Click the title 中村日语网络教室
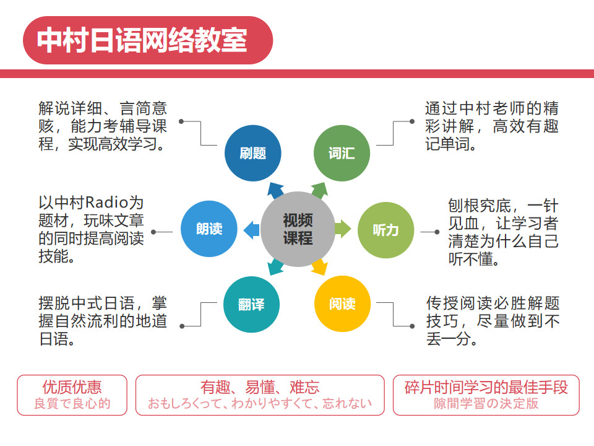(142, 40)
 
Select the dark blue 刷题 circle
(252, 153)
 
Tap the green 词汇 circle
(342, 153)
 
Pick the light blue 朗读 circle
(209, 229)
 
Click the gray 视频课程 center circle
(298, 229)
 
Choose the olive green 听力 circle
(385, 230)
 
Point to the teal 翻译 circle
(251, 305)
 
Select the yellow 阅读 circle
(342, 304)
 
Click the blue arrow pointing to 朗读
(251, 230)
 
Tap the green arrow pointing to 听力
(343, 229)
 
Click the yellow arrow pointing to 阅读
(319, 268)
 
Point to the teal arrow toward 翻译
(275, 268)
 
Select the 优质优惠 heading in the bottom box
(72, 387)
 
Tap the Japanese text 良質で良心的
(72, 404)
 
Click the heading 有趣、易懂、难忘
(260, 387)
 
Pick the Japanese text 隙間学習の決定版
(486, 404)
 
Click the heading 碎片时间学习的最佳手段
(486, 387)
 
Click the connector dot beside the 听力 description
(437, 231)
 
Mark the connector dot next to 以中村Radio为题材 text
(153, 232)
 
